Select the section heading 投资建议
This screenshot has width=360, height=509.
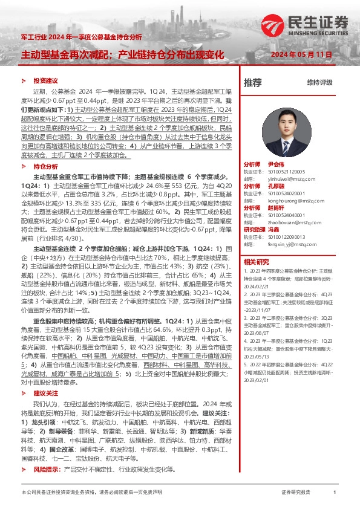[45, 80]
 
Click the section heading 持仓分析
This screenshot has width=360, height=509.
[45, 165]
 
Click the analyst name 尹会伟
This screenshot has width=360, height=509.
[275, 164]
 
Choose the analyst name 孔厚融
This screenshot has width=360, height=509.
[275, 186]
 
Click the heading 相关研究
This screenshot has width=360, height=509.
[256, 262]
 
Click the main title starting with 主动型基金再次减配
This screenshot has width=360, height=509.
[123, 54]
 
